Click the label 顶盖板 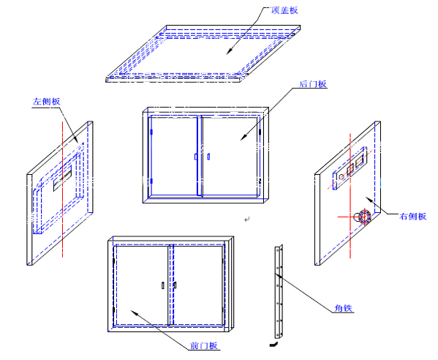tap(284, 10)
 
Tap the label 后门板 tap(313, 84)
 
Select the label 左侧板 tap(46, 101)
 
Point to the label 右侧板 tap(412, 216)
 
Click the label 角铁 tap(344, 308)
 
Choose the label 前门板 tap(203, 345)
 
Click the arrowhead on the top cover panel tap(230, 50)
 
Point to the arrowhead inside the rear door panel tap(243, 137)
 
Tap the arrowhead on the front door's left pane tap(135, 312)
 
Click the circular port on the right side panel tap(365, 217)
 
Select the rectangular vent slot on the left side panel tap(63, 178)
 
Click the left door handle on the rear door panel tap(196, 157)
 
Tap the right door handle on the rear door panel tap(208, 157)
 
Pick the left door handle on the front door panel tap(163, 285)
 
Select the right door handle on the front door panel tap(175, 285)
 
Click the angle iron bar tap(279, 292)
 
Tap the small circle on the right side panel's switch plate tap(341, 176)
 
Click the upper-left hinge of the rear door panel tap(151, 132)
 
